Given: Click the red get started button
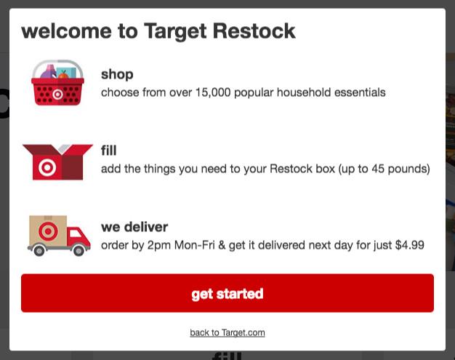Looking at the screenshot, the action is point(227,293).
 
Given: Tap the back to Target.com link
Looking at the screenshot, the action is point(227,332).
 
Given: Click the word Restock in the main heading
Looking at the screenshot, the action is point(254,31).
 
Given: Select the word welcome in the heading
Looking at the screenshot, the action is point(66,31).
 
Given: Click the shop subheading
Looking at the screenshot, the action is point(117,75).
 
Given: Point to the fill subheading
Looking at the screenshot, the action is point(109,151).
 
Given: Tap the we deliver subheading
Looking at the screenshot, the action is point(134,227).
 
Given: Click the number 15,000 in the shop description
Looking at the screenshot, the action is point(213,92).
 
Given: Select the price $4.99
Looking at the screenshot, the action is point(409,245).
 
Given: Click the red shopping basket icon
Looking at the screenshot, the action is point(57,83).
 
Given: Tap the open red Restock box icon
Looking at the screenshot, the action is point(57,162).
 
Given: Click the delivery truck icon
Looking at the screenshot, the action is point(59,236).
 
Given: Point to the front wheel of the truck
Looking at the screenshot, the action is point(78,250).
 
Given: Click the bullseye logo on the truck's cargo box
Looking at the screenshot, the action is point(48,231).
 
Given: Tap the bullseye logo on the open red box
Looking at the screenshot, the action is point(47,167).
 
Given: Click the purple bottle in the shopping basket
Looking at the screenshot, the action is point(49,72).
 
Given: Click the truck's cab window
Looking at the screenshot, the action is point(76,233).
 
